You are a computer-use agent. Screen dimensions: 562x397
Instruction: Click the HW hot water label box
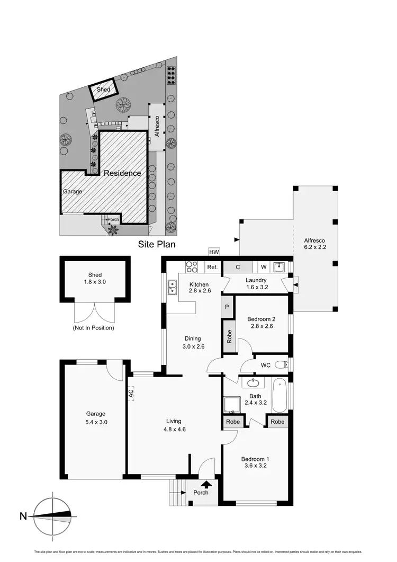214,252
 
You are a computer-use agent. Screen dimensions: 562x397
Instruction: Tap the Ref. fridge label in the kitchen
213,267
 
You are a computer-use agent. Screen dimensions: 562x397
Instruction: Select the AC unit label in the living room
130,394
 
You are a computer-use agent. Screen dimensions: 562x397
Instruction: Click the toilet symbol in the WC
284,364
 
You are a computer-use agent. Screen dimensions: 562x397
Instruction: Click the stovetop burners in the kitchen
191,267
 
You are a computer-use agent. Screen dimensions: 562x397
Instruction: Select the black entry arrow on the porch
206,483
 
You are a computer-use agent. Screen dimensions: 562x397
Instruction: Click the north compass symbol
52,515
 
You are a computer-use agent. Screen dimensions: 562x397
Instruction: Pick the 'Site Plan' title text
157,245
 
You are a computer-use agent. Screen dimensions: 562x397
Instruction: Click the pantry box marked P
227,307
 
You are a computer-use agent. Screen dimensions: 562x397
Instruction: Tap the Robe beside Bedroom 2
229,337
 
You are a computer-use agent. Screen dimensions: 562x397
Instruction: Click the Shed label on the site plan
104,90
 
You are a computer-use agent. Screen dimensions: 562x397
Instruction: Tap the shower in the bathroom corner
231,405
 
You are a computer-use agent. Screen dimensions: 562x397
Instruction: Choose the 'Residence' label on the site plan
122,173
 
